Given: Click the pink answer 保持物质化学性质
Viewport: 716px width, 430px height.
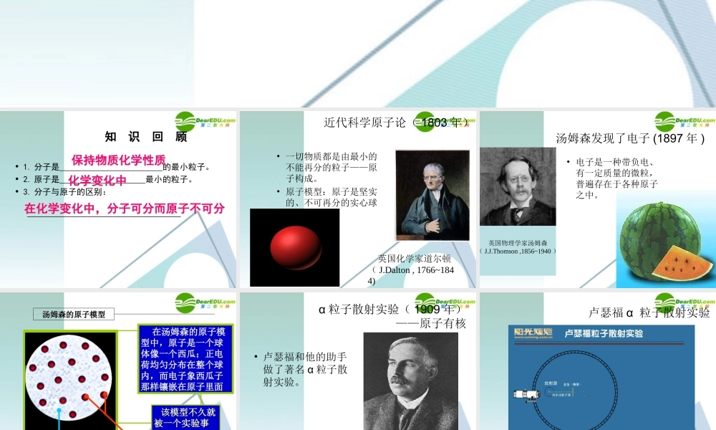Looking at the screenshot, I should click(x=118, y=159).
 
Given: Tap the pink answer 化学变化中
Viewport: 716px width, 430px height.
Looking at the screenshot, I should click(x=97, y=179).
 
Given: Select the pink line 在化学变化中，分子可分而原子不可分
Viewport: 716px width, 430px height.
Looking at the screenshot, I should click(x=125, y=209).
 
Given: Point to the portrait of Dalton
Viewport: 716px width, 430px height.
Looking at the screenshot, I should click(x=432, y=195).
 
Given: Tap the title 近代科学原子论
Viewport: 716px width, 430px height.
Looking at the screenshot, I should click(x=365, y=123).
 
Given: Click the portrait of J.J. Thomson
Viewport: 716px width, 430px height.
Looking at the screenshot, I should click(x=517, y=187).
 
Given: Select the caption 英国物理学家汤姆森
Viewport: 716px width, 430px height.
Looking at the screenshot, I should click(x=518, y=243).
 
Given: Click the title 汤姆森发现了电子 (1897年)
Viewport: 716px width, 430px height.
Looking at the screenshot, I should click(x=630, y=138).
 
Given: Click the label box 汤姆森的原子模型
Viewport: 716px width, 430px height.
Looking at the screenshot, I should click(x=74, y=314).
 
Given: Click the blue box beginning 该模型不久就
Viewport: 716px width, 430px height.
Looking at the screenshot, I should click(x=185, y=417).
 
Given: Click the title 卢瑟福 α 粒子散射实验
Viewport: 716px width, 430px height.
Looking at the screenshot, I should click(x=649, y=312).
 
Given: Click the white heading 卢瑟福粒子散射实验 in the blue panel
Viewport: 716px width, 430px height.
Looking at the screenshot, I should click(x=604, y=333).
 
